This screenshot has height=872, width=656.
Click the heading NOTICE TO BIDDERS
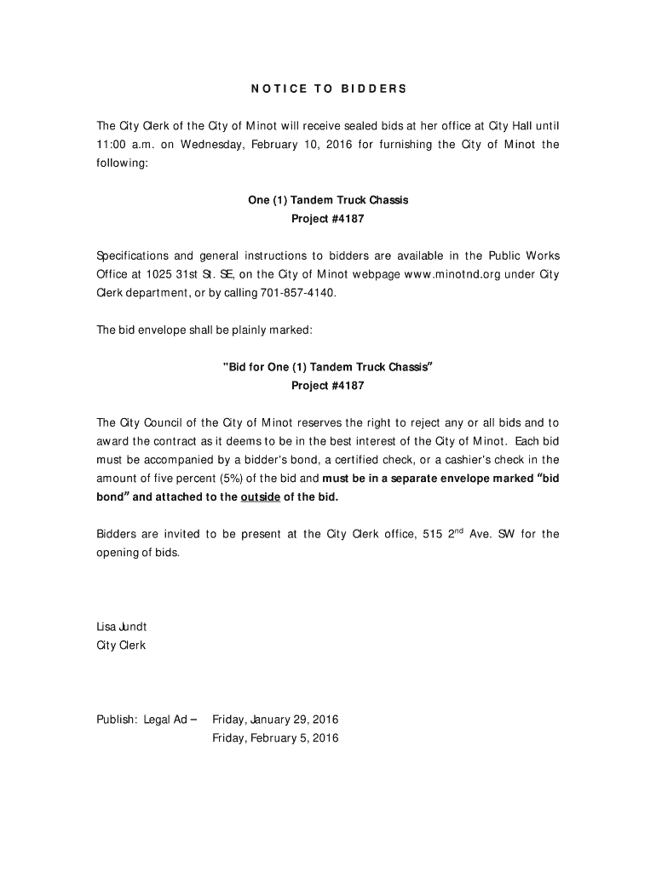pos(328,89)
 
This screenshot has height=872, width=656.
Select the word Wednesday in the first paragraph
pos(211,144)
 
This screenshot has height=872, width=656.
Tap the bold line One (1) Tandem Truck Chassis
pos(328,200)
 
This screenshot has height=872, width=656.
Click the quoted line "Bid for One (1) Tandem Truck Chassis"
pos(328,367)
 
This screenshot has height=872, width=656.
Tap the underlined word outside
pos(262,497)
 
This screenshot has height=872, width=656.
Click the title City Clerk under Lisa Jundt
pos(121,645)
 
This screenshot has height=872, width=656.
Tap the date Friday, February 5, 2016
pos(275,738)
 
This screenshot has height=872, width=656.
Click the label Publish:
pos(117,720)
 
